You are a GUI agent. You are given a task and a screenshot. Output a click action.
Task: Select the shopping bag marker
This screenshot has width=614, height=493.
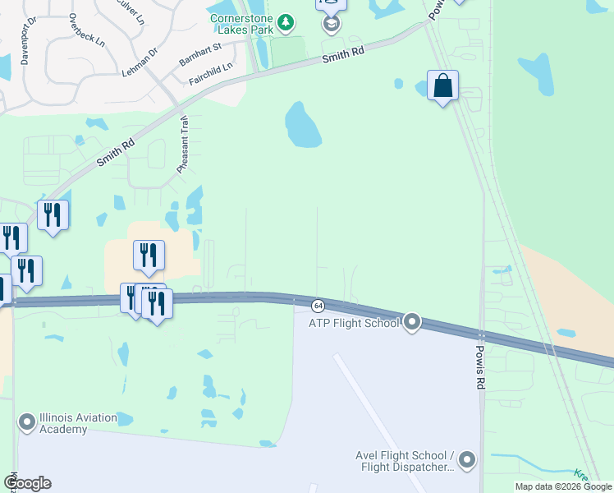(x=442, y=85)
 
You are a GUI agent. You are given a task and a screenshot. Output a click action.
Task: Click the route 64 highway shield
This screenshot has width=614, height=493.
(x=318, y=306)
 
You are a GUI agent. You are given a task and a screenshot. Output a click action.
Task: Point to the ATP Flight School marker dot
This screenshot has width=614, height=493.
(x=412, y=322)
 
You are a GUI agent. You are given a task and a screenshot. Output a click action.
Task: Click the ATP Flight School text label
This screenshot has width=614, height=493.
(x=354, y=323)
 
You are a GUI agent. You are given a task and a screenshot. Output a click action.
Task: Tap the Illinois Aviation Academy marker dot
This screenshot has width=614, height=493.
(x=27, y=423)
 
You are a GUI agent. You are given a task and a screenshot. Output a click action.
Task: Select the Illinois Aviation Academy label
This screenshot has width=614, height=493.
(x=73, y=423)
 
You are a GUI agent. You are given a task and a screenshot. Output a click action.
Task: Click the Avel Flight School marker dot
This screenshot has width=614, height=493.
(x=468, y=459)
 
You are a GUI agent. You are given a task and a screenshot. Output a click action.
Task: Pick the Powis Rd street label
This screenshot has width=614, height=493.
(x=480, y=366)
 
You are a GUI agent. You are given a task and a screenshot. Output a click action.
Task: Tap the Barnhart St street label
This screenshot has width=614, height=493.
(x=200, y=56)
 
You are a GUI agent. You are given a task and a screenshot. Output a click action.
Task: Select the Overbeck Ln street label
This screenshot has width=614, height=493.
(x=87, y=29)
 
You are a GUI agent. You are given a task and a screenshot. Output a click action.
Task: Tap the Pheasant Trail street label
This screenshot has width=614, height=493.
(x=183, y=144)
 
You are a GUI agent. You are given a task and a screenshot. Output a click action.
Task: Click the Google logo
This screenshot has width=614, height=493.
(x=27, y=483)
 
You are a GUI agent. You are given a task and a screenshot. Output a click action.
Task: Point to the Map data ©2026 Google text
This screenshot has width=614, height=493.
(x=563, y=486)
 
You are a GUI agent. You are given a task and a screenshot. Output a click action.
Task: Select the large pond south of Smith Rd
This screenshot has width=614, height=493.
(x=301, y=126)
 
